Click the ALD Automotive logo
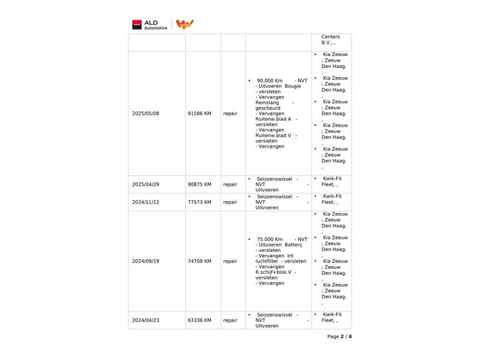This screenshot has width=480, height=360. (x=150, y=25)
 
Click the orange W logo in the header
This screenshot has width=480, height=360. (x=184, y=25)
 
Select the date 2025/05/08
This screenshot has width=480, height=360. (x=146, y=113)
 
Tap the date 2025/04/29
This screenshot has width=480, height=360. (x=146, y=184)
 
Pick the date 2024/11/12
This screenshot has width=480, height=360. (x=146, y=202)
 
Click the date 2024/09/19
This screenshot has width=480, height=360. (x=146, y=261)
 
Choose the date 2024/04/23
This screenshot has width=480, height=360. (x=146, y=320)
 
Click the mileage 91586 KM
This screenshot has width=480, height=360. (x=200, y=113)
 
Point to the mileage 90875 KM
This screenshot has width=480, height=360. (x=200, y=184)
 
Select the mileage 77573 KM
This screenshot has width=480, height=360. (x=200, y=202)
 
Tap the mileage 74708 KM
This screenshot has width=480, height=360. (x=200, y=261)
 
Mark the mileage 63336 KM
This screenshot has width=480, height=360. (x=200, y=320)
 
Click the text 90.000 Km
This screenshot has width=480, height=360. (x=270, y=81)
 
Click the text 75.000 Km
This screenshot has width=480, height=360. (x=270, y=239)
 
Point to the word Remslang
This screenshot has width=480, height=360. (x=268, y=102)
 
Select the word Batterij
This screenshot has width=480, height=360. (x=294, y=244)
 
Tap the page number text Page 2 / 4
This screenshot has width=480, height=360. (x=339, y=336)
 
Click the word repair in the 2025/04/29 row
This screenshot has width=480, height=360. (x=230, y=184)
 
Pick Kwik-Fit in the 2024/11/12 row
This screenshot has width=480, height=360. (x=332, y=196)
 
